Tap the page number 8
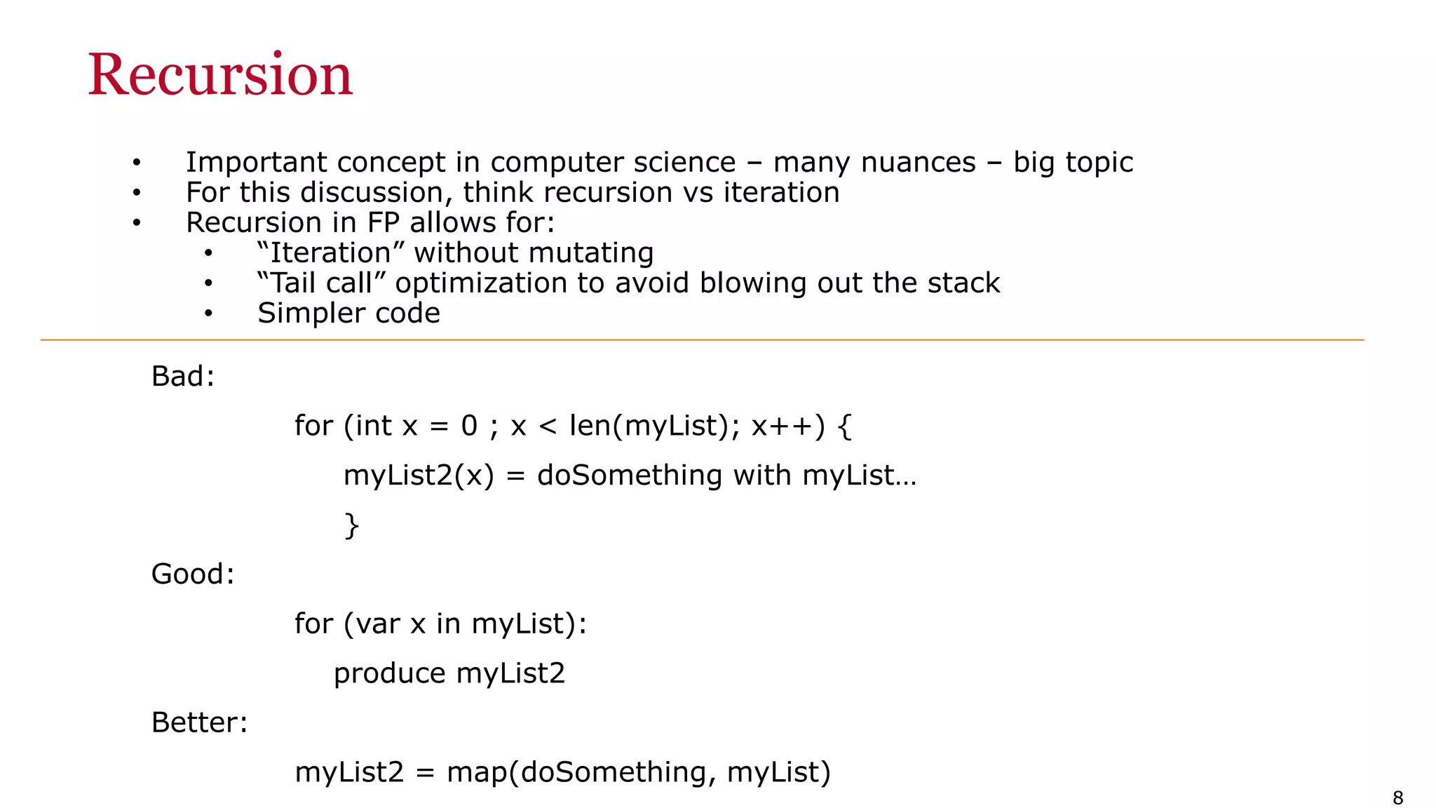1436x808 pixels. point(1397,797)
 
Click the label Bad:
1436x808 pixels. point(182,377)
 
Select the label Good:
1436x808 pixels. point(193,574)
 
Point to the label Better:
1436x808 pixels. point(200,722)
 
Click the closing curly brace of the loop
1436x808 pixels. point(351,525)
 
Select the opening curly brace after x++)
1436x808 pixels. point(845,426)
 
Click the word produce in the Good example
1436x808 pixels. point(389,673)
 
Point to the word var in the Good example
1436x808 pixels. point(378,624)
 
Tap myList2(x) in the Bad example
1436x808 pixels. point(419,476)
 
